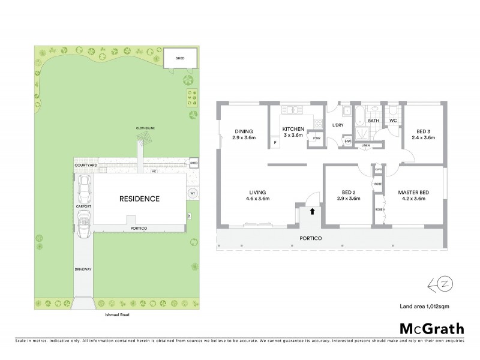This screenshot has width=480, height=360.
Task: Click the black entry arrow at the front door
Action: click(x=311, y=211)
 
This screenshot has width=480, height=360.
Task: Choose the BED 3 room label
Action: click(x=425, y=134)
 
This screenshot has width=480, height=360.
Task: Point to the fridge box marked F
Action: click(x=274, y=143)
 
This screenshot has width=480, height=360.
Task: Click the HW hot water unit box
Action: click(x=348, y=142)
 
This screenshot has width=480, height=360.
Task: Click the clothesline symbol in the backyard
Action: click(x=142, y=139)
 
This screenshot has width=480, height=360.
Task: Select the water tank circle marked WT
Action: click(x=193, y=193)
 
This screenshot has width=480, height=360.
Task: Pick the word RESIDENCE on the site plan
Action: click(x=139, y=199)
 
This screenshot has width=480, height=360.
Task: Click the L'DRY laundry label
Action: click(x=337, y=126)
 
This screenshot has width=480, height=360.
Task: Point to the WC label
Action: click(x=394, y=121)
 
